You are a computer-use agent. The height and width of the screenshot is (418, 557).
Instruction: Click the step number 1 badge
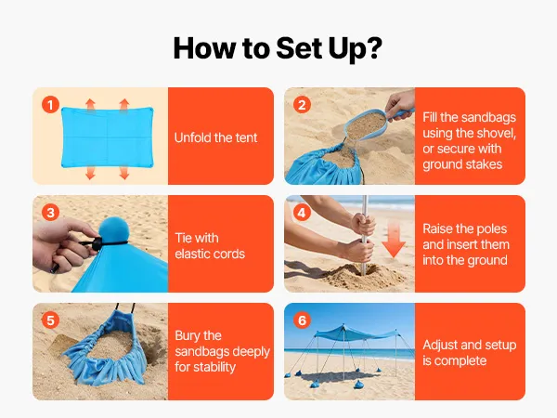pyautogui.click(x=50, y=105)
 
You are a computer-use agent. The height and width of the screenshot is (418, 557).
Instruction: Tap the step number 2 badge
pyautogui.click(x=302, y=105)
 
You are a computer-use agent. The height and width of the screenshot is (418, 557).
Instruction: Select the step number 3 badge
pyautogui.click(x=50, y=213)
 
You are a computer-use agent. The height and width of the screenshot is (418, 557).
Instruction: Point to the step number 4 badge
pyautogui.click(x=302, y=213)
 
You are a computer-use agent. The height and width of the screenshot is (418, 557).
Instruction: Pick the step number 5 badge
pyautogui.click(x=50, y=320)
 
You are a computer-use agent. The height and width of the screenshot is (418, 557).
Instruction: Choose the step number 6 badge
pyautogui.click(x=302, y=320)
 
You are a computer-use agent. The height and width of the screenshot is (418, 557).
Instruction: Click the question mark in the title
pyautogui.click(x=374, y=47)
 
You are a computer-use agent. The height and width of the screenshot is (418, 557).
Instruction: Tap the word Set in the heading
pyautogui.click(x=299, y=47)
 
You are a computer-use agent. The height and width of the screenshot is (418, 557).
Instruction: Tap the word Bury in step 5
pyautogui.click(x=188, y=336)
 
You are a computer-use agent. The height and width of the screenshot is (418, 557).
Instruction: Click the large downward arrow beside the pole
pyautogui.click(x=394, y=236)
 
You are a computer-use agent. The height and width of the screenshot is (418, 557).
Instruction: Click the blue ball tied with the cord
pyautogui.click(x=114, y=229)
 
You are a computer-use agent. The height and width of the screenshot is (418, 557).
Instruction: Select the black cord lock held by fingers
pyautogui.click(x=97, y=243)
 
